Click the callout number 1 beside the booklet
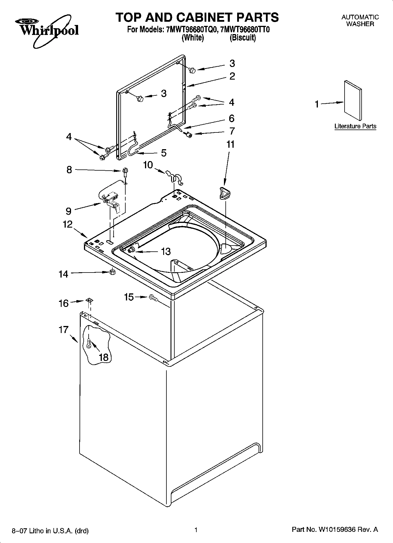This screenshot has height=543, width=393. [317, 104]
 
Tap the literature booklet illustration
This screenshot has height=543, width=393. [352, 100]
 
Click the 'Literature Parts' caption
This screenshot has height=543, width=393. [355, 126]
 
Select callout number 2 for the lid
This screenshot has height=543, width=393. [232, 76]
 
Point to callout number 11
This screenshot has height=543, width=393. [231, 144]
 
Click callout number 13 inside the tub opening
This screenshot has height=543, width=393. [166, 251]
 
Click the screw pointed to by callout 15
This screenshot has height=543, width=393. [154, 298]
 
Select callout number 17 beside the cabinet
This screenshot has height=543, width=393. [63, 330]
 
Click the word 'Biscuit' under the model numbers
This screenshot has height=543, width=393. [242, 38]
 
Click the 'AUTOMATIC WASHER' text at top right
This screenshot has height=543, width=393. [360, 21]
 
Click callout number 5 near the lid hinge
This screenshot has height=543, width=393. [163, 153]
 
